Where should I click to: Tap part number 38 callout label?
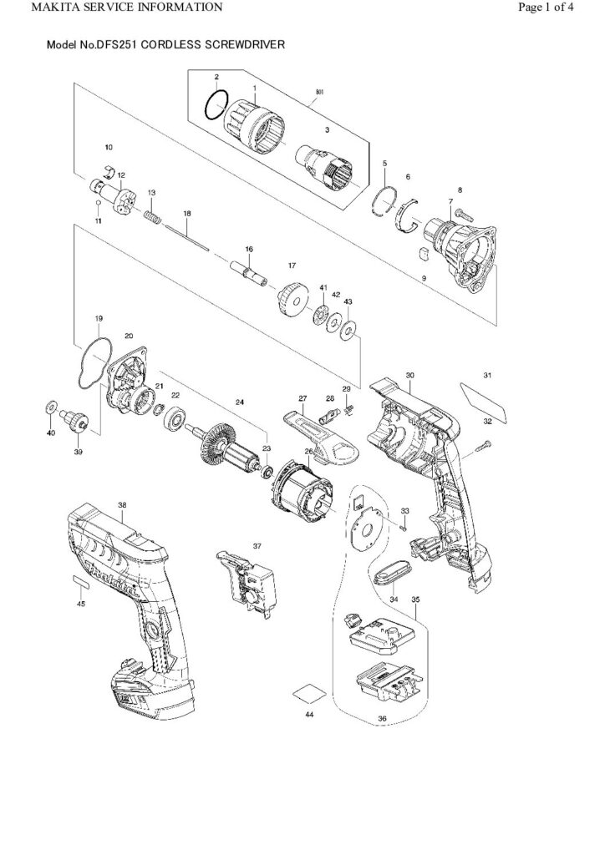[x=122, y=505]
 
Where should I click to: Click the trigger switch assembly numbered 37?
[x=247, y=584]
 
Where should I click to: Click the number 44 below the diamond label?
[x=309, y=714]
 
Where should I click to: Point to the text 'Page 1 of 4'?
[x=546, y=7]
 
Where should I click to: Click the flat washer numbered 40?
[x=52, y=407]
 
